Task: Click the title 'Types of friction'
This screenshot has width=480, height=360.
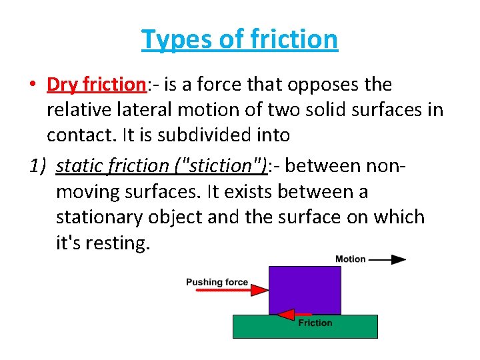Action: [239, 40]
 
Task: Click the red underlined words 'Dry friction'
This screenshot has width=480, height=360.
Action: [96, 85]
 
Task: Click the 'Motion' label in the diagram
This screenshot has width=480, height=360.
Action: [350, 259]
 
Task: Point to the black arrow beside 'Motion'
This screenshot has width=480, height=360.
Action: [389, 259]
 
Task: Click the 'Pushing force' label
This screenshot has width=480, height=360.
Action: [217, 282]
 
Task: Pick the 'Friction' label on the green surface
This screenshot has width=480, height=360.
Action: [315, 323]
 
